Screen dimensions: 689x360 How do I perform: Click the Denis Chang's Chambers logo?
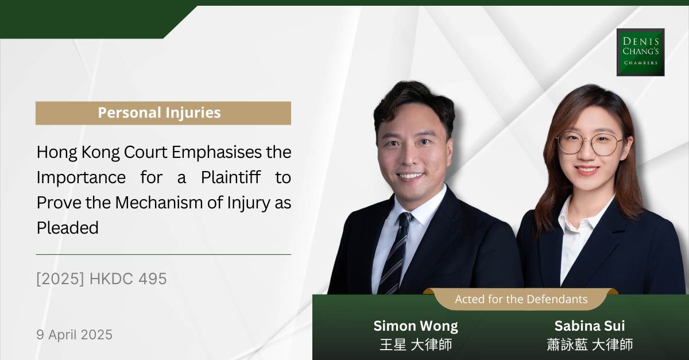[x=640, y=52]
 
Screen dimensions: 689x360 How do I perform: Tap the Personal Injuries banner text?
[x=160, y=113]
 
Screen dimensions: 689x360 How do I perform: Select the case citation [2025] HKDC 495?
[x=102, y=279]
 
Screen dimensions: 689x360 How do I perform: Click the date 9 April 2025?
[x=75, y=335]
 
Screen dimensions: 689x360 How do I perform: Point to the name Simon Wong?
[x=416, y=326]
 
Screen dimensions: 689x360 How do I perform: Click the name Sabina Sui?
[x=590, y=326]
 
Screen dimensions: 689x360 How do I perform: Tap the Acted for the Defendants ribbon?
[x=521, y=299]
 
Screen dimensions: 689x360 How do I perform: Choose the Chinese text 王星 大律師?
[x=416, y=344]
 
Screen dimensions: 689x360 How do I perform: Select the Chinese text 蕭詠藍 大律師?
[x=590, y=344]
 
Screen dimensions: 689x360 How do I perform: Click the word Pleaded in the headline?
[x=68, y=228]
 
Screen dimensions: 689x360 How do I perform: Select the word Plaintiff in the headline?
[x=231, y=177]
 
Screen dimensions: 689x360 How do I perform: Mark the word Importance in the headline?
[x=81, y=178]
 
